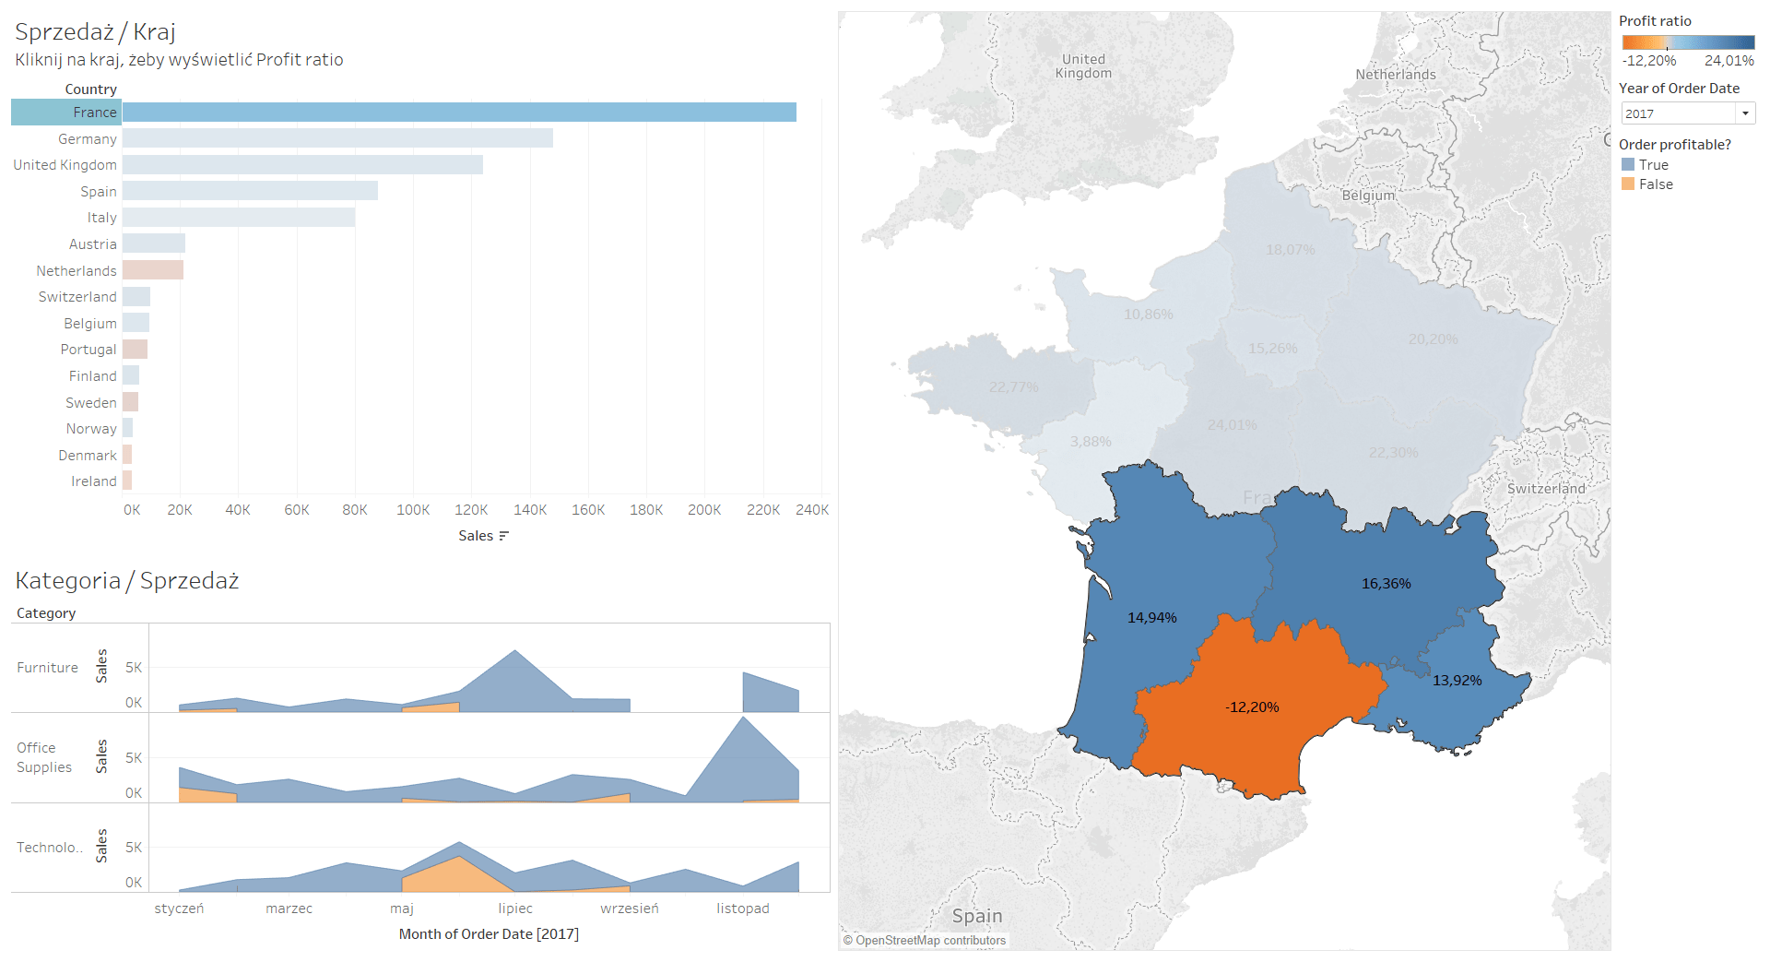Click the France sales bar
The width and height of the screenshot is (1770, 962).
pyautogui.click(x=459, y=113)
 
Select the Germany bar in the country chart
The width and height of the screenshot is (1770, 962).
pyautogui.click(x=337, y=138)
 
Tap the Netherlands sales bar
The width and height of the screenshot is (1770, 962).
pyautogui.click(x=153, y=270)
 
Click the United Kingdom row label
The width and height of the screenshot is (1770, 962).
pyautogui.click(x=65, y=165)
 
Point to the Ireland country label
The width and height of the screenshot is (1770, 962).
pyautogui.click(x=94, y=481)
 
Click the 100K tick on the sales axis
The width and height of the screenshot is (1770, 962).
pyautogui.click(x=413, y=510)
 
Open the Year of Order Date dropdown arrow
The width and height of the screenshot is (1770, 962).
pyautogui.click(x=1745, y=113)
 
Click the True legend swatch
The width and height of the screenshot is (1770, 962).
pyautogui.click(x=1628, y=165)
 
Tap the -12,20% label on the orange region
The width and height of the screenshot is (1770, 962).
pyautogui.click(x=1252, y=707)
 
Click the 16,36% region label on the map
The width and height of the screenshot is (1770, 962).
pyautogui.click(x=1386, y=584)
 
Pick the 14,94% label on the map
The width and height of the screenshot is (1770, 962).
pyautogui.click(x=1151, y=618)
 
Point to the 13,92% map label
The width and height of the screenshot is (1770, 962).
pyautogui.click(x=1457, y=681)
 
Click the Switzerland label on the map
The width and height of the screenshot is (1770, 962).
pyautogui.click(x=1546, y=489)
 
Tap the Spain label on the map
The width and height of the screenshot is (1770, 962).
pyautogui.click(x=977, y=916)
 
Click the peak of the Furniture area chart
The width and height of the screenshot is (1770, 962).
pyautogui.click(x=515, y=652)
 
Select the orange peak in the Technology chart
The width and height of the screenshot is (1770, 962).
pyautogui.click(x=459, y=858)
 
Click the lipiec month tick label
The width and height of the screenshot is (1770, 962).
pyautogui.click(x=515, y=909)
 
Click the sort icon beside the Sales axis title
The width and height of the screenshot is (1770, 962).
pyautogui.click(x=503, y=536)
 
